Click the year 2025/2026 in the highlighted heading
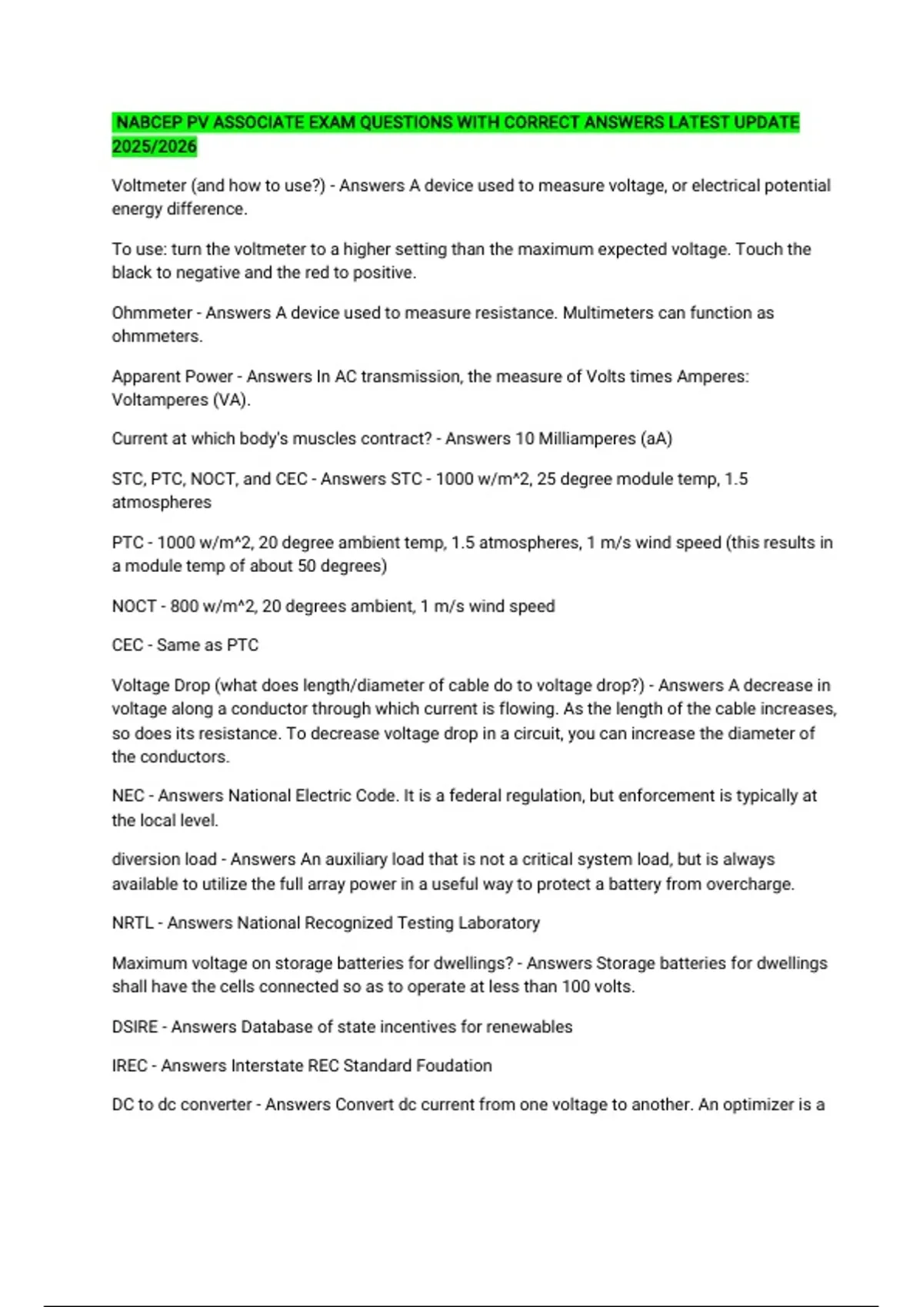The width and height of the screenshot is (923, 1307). click(155, 146)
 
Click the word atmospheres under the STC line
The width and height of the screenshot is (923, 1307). click(162, 502)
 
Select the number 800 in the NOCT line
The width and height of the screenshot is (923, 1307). click(185, 606)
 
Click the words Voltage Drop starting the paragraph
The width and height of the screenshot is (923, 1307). click(160, 685)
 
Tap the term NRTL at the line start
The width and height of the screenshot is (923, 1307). click(133, 923)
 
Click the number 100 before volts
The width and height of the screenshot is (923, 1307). click(576, 986)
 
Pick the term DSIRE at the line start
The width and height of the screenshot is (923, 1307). click(135, 1026)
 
